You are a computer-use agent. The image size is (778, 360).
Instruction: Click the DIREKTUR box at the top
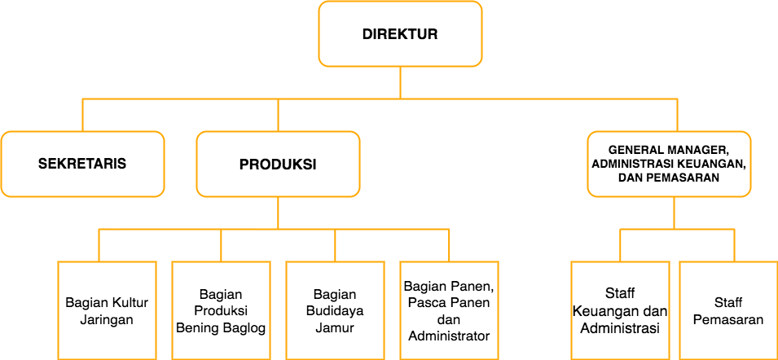point(400,33)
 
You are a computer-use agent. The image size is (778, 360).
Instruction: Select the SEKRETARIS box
point(82,165)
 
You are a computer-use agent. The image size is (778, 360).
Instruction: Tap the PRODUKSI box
point(278,165)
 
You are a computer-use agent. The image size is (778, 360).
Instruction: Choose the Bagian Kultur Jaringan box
point(108,310)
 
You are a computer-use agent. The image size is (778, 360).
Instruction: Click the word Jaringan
point(108,319)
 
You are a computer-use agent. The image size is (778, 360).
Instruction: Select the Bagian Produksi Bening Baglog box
point(222,310)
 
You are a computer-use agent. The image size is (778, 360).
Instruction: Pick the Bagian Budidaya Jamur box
point(336,310)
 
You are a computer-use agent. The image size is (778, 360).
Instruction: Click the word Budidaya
point(335,311)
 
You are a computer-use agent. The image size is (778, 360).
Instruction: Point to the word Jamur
point(335,327)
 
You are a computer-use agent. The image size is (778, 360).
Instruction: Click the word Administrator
point(449,336)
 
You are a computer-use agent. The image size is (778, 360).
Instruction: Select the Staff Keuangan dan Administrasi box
point(620,310)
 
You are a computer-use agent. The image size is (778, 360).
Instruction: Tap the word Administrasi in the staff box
point(620,328)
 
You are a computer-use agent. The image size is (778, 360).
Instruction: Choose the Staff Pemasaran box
point(728,310)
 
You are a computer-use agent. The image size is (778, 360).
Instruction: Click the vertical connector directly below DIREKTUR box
point(400,83)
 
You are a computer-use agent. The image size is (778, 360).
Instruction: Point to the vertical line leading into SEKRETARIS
point(82,115)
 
